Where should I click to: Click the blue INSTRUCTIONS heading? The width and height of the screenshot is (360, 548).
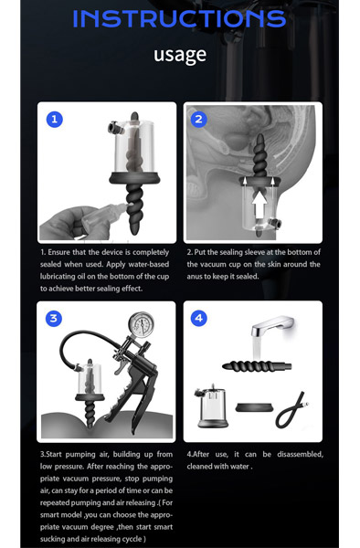[x=179, y=18]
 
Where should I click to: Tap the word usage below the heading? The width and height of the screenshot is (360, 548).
[x=180, y=55]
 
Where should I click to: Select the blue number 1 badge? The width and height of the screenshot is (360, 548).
[x=55, y=120]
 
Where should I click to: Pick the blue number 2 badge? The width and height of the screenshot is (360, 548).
[x=199, y=120]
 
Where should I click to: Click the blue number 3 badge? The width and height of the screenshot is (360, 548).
[x=54, y=319]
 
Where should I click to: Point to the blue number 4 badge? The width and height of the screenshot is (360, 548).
[x=199, y=318]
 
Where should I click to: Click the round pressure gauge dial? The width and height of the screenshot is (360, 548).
[x=142, y=325]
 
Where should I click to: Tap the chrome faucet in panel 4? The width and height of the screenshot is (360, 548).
[x=273, y=325]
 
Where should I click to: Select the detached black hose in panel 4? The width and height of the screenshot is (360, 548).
[x=291, y=410]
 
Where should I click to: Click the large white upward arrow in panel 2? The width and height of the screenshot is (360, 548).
[x=259, y=205]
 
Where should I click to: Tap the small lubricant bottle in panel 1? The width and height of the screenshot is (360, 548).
[x=104, y=216]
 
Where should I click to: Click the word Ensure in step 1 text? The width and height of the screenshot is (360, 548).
[x=59, y=252]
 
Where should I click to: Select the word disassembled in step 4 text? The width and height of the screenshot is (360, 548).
[x=301, y=454]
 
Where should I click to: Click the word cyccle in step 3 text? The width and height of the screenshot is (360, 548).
[x=131, y=539]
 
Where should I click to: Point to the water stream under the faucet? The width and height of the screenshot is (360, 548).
[x=257, y=347]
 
